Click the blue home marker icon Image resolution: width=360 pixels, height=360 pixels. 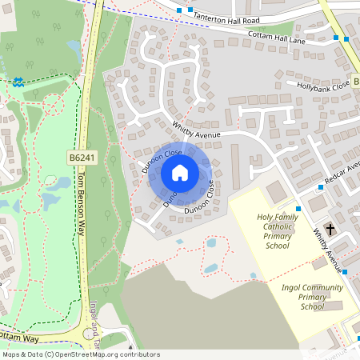click(x=180, y=173)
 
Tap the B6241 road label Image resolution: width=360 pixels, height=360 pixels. click(x=82, y=158)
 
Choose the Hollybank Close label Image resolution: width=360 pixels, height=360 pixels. click(x=323, y=84)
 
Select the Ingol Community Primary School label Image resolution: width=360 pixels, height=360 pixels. click(x=312, y=297)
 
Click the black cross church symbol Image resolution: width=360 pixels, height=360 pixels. click(x=330, y=226)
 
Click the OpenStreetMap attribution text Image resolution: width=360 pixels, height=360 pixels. click(x=80, y=354)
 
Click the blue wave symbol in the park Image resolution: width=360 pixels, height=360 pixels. click(x=17, y=81)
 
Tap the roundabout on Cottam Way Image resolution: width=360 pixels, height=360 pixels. click(x=91, y=335)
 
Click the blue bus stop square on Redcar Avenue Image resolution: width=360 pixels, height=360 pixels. click(x=319, y=187)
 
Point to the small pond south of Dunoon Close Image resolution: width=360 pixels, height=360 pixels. click(x=211, y=242)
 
